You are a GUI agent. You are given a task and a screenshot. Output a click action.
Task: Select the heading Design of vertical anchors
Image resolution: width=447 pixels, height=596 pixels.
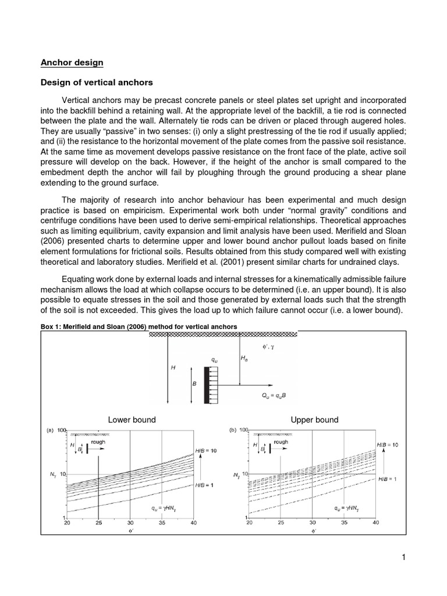[x=96, y=82]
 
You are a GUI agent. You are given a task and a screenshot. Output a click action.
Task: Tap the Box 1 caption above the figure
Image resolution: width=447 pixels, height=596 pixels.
[x=139, y=327]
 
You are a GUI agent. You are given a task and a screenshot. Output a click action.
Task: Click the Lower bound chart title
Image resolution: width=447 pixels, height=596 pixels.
[x=132, y=420]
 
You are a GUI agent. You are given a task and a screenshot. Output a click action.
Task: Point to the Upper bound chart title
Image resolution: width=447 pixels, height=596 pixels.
[x=314, y=420]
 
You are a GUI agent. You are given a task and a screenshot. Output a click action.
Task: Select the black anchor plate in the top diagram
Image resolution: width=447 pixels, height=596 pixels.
[x=206, y=385]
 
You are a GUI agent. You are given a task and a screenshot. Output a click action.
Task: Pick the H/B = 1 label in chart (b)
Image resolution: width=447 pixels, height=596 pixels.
[x=387, y=478]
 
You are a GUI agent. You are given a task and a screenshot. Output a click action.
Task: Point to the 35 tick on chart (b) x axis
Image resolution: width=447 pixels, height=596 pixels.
[x=343, y=523]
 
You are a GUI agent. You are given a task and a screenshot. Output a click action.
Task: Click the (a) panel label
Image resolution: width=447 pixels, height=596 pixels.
[x=50, y=431]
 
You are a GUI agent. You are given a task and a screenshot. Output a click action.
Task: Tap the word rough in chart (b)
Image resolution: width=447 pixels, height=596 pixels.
[x=281, y=442]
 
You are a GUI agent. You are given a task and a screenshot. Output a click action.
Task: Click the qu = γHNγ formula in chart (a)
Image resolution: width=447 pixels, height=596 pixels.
[x=165, y=508]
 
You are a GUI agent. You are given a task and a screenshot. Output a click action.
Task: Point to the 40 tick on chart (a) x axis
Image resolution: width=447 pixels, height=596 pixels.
[x=193, y=523]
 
